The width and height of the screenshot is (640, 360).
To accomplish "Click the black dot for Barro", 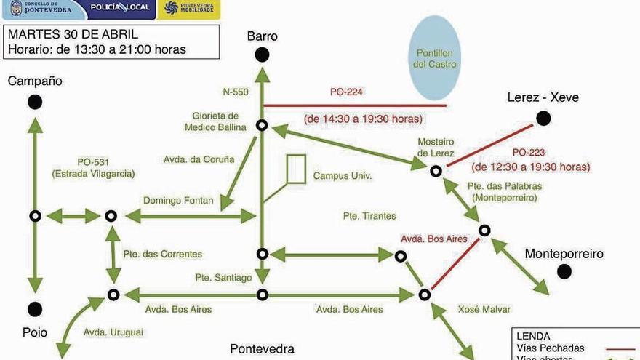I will [262, 55].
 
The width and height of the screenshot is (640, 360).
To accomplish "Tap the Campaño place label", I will [35, 81].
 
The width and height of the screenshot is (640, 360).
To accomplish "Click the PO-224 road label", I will [346, 92].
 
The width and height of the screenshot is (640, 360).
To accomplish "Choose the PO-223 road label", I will [529, 153].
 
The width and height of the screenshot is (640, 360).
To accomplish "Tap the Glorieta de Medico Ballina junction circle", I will [262, 126].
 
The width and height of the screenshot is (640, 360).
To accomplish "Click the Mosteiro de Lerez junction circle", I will [435, 171].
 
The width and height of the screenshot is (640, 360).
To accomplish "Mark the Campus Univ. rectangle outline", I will [296, 169].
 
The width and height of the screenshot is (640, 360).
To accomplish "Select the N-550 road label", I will [236, 92].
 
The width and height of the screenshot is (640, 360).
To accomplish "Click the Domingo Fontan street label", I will [178, 200].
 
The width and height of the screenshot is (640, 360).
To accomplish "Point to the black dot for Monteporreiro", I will [564, 271].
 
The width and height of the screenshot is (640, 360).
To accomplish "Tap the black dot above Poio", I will [35, 308].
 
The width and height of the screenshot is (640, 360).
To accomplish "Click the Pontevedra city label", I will [262, 348].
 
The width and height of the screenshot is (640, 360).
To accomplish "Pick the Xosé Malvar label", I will [484, 309].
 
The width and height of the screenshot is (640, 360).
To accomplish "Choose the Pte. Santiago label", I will [223, 277].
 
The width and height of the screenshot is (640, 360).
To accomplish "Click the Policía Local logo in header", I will [119, 8].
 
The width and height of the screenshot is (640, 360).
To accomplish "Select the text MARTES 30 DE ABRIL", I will [73, 34].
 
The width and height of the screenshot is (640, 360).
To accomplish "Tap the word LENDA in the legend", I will [532, 336].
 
